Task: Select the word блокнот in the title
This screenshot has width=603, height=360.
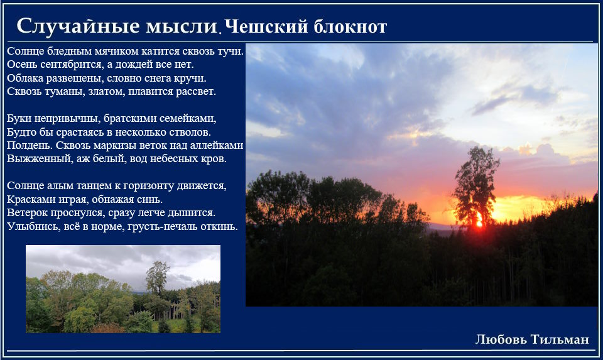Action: pyautogui.click(x=350, y=26)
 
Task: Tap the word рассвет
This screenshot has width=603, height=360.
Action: pyautogui.click(x=196, y=92)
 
